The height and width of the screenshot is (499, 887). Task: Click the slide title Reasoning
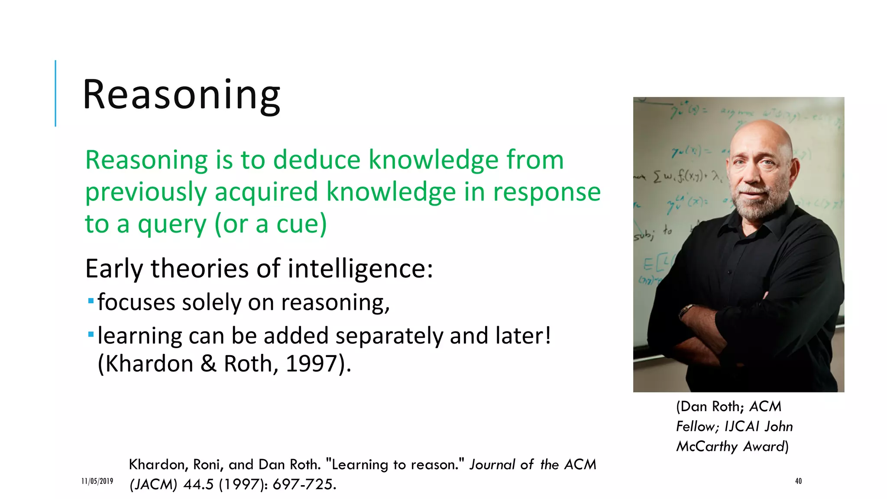(x=181, y=95)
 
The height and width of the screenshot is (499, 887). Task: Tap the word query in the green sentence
(x=172, y=225)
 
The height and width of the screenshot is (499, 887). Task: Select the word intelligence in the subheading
(x=360, y=269)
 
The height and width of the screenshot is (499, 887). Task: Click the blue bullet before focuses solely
(x=91, y=301)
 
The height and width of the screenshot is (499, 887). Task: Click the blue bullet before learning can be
(x=91, y=334)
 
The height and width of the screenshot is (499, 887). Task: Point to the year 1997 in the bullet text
(x=311, y=363)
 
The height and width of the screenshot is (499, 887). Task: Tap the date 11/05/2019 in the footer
(x=97, y=481)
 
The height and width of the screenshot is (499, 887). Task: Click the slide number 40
(x=798, y=481)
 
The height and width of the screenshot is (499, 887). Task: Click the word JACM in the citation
(x=153, y=484)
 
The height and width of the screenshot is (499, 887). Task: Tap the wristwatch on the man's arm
(x=686, y=310)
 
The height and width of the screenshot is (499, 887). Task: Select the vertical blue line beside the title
(x=55, y=93)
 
